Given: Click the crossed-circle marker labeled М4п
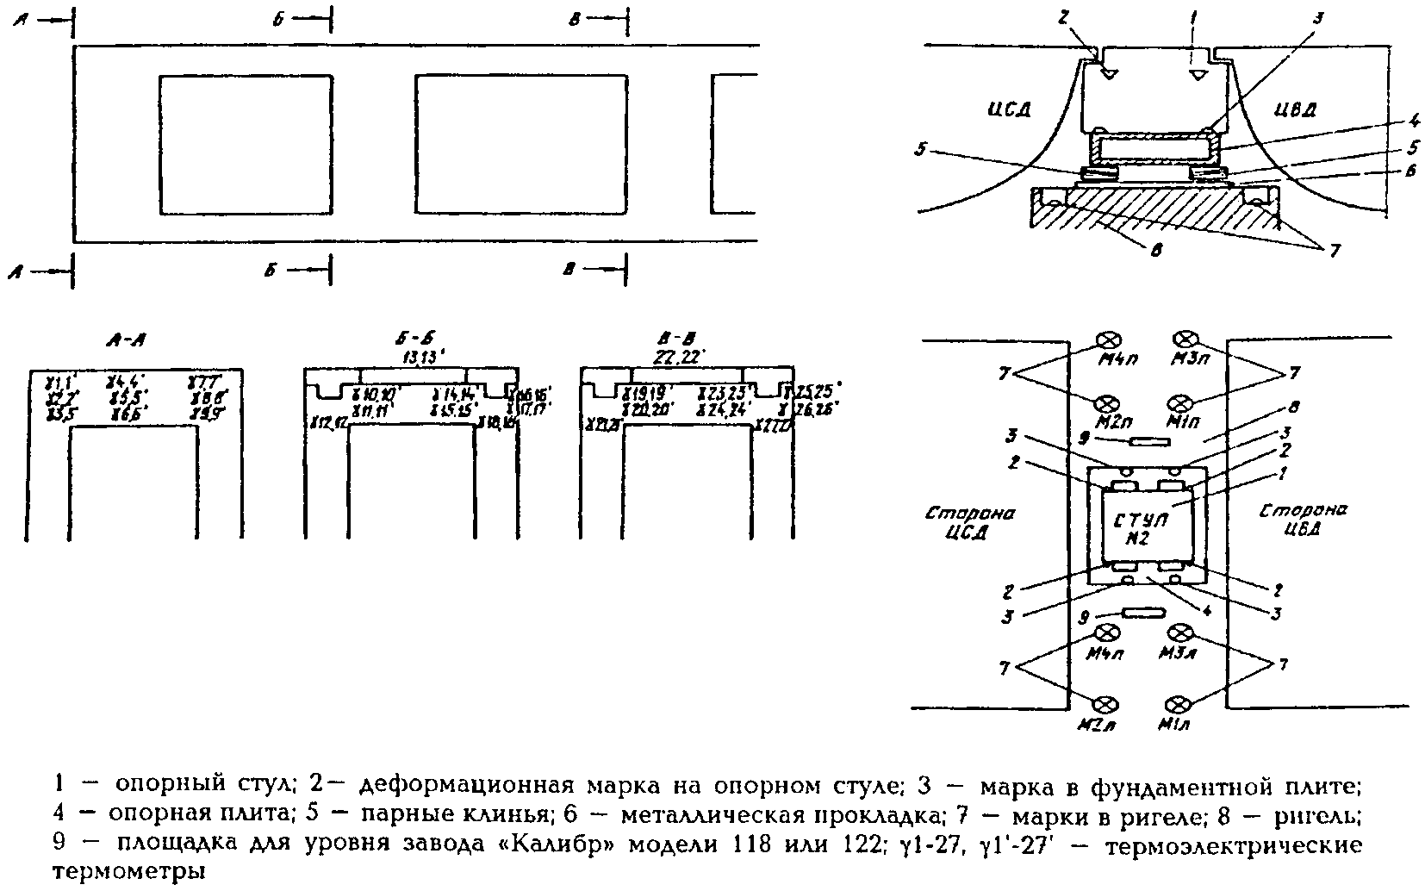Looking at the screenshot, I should tap(1108, 338).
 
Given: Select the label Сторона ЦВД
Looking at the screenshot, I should tap(1304, 519).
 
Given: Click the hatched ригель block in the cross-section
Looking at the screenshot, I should tap(1154, 215).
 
